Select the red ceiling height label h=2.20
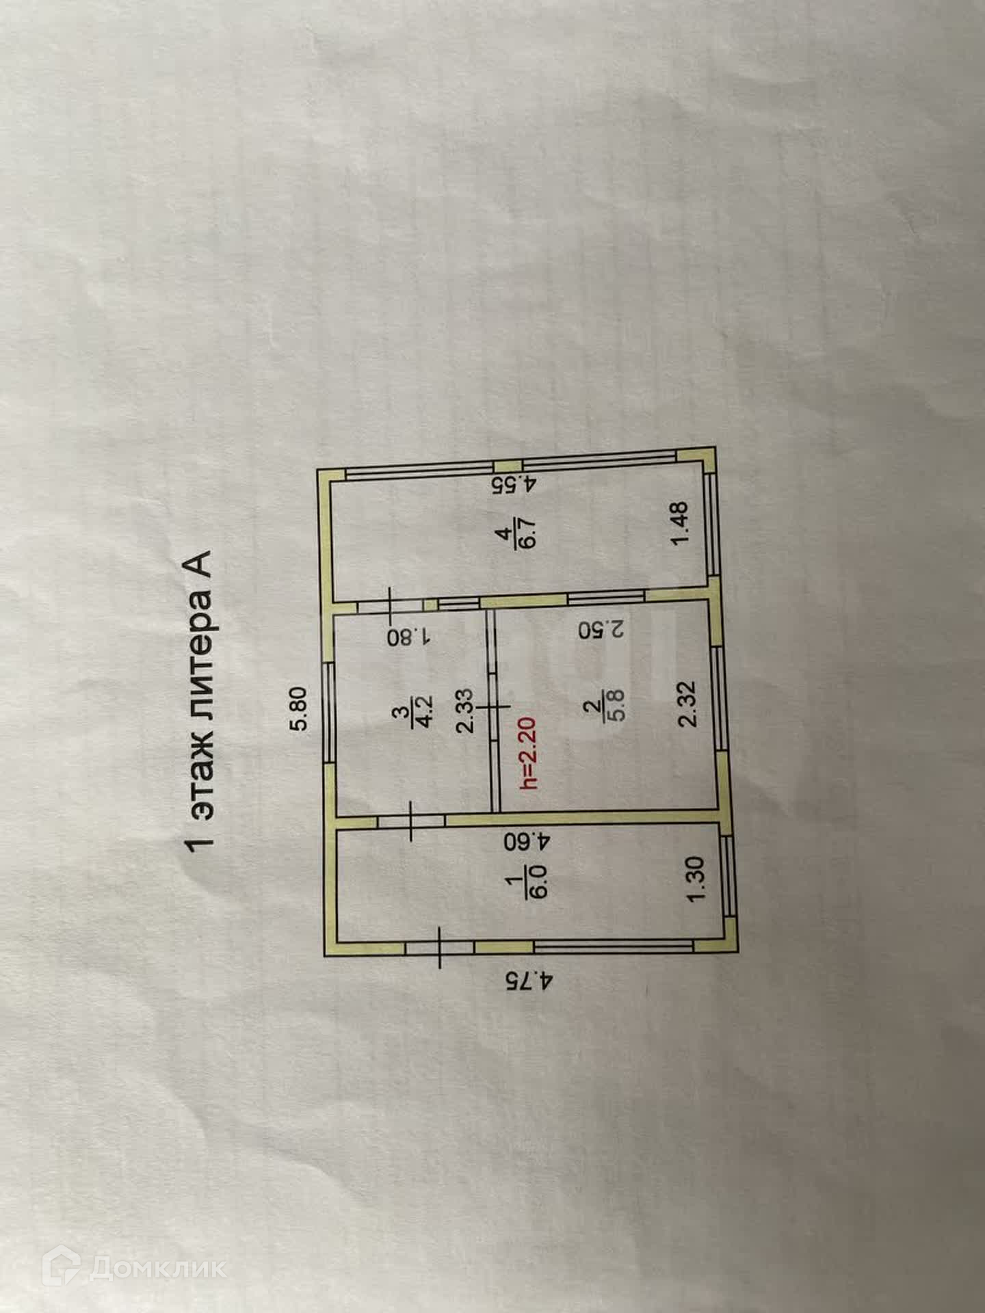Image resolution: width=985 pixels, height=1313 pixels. tap(531, 753)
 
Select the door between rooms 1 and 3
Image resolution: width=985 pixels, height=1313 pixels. tap(411, 820)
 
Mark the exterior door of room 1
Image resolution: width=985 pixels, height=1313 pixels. tap(438, 947)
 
